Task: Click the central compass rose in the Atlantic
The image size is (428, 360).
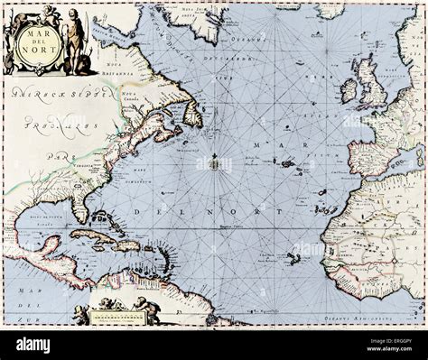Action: click(x=214, y=163)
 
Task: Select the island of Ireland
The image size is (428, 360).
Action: click(x=349, y=90)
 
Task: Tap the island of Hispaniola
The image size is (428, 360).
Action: click(x=126, y=245)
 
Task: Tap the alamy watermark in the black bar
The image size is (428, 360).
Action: click(x=34, y=344)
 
